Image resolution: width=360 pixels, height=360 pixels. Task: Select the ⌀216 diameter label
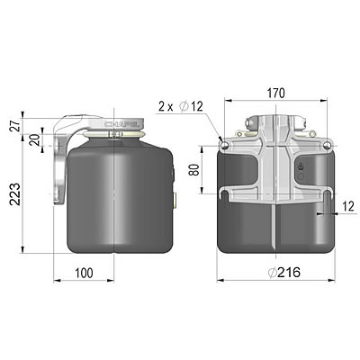point(277,272)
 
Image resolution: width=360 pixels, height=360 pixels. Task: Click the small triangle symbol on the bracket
point(300,166)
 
